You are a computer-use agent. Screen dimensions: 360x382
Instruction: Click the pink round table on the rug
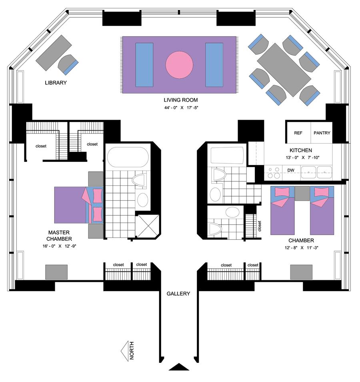(179, 64)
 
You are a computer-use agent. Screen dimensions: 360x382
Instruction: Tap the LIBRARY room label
(56, 83)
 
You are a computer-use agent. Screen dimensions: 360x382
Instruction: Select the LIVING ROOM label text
(180, 100)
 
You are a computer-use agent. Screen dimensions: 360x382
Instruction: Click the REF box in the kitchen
(298, 133)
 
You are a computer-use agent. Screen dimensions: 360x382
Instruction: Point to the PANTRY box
(322, 133)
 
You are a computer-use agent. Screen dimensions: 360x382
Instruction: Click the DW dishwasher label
(291, 171)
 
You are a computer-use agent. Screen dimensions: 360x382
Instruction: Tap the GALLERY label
(178, 294)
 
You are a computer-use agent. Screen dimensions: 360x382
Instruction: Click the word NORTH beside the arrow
(132, 351)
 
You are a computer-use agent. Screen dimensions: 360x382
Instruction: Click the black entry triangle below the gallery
(179, 367)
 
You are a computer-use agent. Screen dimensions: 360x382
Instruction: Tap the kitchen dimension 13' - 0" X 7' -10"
(304, 157)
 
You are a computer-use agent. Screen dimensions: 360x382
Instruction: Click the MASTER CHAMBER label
(60, 236)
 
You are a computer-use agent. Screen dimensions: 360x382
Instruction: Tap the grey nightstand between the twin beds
(302, 193)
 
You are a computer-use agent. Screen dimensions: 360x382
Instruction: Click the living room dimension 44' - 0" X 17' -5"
(181, 107)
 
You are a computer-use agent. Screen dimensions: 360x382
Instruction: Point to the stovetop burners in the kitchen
(274, 173)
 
